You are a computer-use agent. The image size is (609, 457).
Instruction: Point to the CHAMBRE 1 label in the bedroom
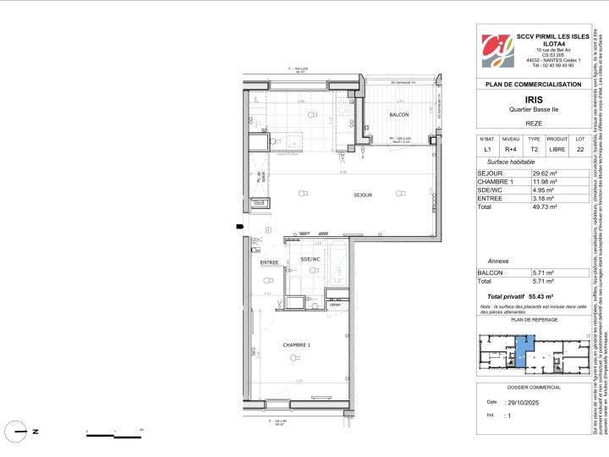click(x=296, y=345)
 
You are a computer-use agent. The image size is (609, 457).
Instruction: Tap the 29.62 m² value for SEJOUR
click(x=534, y=173)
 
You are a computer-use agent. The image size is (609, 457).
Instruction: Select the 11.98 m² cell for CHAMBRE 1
click(x=534, y=182)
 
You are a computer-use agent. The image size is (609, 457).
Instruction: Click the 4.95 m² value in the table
click(x=533, y=190)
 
